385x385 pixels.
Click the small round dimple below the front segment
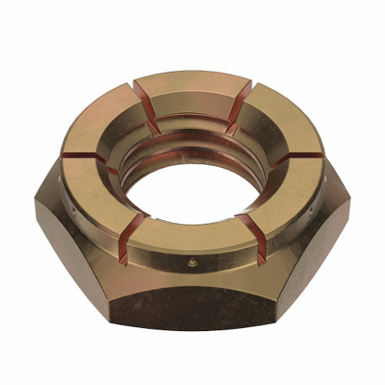187,263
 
